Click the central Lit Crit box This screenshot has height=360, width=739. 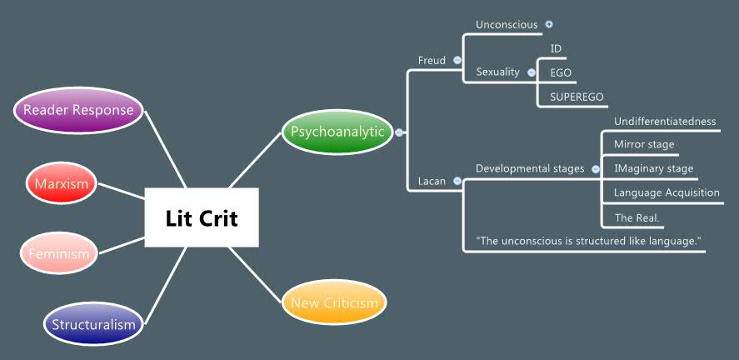click(201, 217)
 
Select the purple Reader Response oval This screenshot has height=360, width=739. click(78, 110)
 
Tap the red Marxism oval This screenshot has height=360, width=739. click(61, 183)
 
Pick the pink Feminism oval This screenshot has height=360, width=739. click(59, 252)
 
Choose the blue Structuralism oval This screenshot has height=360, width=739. click(93, 323)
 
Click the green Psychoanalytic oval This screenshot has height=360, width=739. click(337, 132)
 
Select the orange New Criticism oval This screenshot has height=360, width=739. click(334, 302)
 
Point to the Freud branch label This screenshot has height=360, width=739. click(432, 60)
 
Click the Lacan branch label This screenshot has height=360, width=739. click(432, 181)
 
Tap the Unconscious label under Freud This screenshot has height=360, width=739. click(506, 25)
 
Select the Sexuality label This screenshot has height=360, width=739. click(497, 72)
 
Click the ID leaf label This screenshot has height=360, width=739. click(556, 48)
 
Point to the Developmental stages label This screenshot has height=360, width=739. click(530, 168)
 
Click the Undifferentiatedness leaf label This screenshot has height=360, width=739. click(665, 122)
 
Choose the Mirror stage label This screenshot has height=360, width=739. click(644, 144)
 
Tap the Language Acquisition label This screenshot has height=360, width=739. click(667, 192)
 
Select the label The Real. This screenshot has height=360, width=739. click(637, 217)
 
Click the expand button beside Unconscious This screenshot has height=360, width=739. click(549, 24)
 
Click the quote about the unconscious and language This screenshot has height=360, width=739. click(588, 241)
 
